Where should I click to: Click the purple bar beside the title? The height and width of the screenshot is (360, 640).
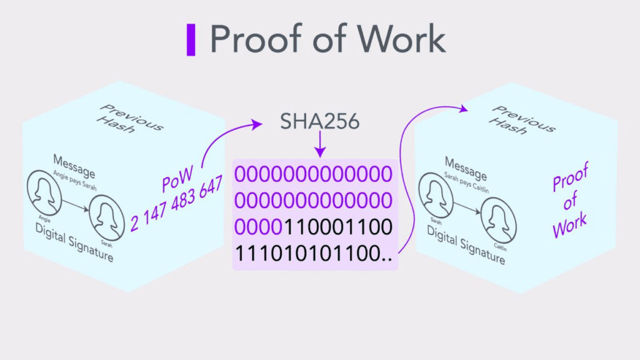pos(191,39)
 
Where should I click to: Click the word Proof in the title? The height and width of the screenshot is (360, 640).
pos(254,39)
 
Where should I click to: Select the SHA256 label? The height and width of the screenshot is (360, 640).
pos(319,121)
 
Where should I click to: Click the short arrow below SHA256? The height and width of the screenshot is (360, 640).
pos(321,144)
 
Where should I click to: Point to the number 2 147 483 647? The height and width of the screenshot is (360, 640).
pos(177,203)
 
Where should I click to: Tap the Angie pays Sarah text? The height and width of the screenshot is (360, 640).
pos(75,181)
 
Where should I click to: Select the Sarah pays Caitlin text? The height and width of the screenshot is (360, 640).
pos(466,182)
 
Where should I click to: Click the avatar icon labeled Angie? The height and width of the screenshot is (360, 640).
pos(44,193)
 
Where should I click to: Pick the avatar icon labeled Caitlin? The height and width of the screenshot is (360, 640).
pos(498,221)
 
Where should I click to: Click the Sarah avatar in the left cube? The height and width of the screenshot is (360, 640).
pos(106,218)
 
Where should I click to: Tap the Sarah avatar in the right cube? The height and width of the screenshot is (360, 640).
pos(436,196)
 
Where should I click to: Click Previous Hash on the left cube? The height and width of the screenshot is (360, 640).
pos(130,119)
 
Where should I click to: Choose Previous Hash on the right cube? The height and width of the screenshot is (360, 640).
pos(522,120)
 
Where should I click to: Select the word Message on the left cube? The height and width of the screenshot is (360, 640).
pos(74,166)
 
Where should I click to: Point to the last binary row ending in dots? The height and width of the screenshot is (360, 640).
pos(314,254)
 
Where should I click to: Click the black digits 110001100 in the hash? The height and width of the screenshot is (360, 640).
pos(338,227)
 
